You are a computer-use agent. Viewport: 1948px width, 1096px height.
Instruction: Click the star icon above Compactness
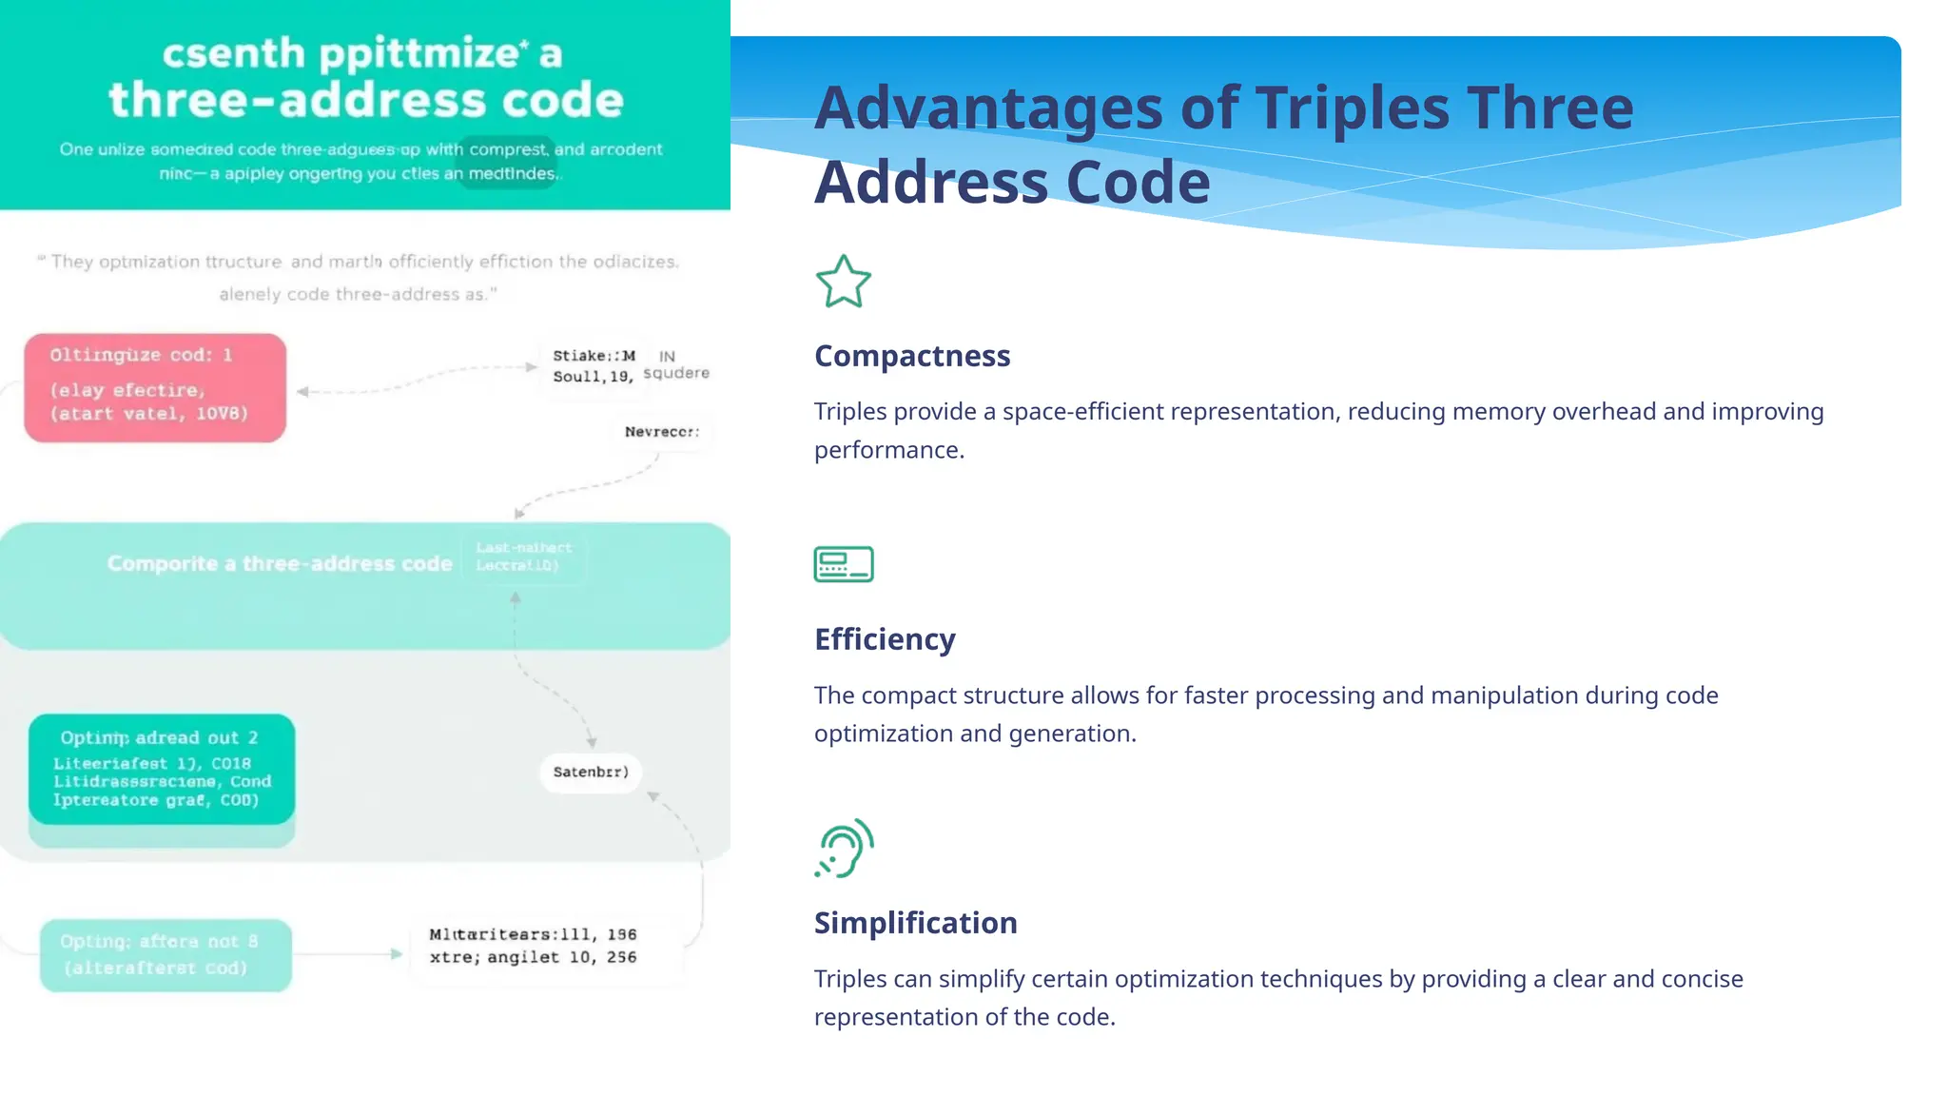click(x=843, y=282)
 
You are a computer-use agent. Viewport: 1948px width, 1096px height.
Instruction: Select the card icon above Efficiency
click(x=843, y=564)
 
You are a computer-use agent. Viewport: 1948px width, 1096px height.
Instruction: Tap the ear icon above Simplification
click(x=845, y=848)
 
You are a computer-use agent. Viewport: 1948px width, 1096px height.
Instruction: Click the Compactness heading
click(x=911, y=356)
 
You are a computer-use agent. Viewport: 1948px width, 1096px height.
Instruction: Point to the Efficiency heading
click(x=885, y=639)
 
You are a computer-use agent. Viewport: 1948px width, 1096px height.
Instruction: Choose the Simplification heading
click(x=915, y=923)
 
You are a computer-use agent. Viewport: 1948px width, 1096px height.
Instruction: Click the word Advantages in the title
click(x=988, y=108)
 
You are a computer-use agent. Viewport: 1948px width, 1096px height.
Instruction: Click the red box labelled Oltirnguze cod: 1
click(x=155, y=387)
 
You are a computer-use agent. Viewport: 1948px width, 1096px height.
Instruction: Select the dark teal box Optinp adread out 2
click(x=162, y=769)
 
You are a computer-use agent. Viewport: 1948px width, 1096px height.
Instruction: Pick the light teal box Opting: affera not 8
click(x=166, y=955)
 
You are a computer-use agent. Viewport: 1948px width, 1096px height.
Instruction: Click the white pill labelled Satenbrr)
click(x=591, y=772)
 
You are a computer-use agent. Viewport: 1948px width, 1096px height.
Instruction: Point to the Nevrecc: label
click(x=662, y=432)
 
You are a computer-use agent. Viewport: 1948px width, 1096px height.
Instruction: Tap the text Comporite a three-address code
click(x=280, y=564)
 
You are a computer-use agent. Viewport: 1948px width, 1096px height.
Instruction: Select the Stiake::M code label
click(x=594, y=356)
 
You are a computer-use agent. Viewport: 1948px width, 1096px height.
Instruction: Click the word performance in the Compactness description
click(x=888, y=450)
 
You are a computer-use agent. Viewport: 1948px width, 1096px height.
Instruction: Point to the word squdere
click(x=676, y=373)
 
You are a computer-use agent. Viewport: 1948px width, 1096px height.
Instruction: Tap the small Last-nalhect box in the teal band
click(x=524, y=557)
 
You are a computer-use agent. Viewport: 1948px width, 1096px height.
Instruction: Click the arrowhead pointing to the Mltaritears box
click(x=397, y=953)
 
